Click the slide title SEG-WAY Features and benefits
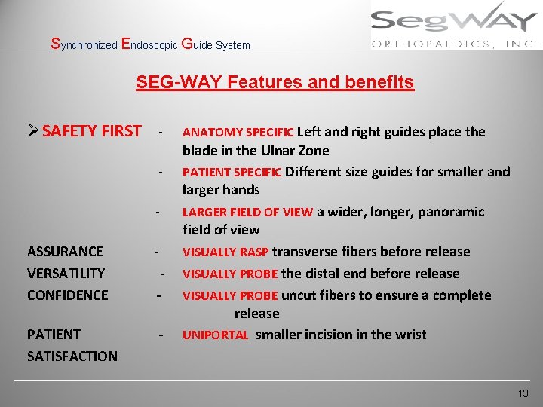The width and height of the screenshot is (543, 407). pyautogui.click(x=275, y=82)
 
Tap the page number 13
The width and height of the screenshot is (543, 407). pyautogui.click(x=523, y=393)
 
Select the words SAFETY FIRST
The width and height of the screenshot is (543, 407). pyautogui.click(x=91, y=131)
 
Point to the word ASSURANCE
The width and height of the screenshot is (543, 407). pyautogui.click(x=65, y=252)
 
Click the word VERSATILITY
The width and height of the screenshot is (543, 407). pyautogui.click(x=66, y=273)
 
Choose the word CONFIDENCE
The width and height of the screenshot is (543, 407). pyautogui.click(x=67, y=295)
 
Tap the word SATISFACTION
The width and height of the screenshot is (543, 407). pyautogui.click(x=72, y=356)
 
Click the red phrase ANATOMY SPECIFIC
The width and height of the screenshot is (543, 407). pyautogui.click(x=233, y=133)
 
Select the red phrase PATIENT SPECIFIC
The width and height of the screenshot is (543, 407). pyautogui.click(x=232, y=172)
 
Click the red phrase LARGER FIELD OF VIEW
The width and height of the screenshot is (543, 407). pyautogui.click(x=247, y=212)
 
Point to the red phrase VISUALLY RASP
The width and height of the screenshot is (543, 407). pyautogui.click(x=225, y=252)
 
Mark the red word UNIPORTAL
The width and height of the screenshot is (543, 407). pyautogui.click(x=215, y=335)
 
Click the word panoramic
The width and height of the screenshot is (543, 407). pyautogui.click(x=451, y=212)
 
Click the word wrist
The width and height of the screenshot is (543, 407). pyautogui.click(x=408, y=335)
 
